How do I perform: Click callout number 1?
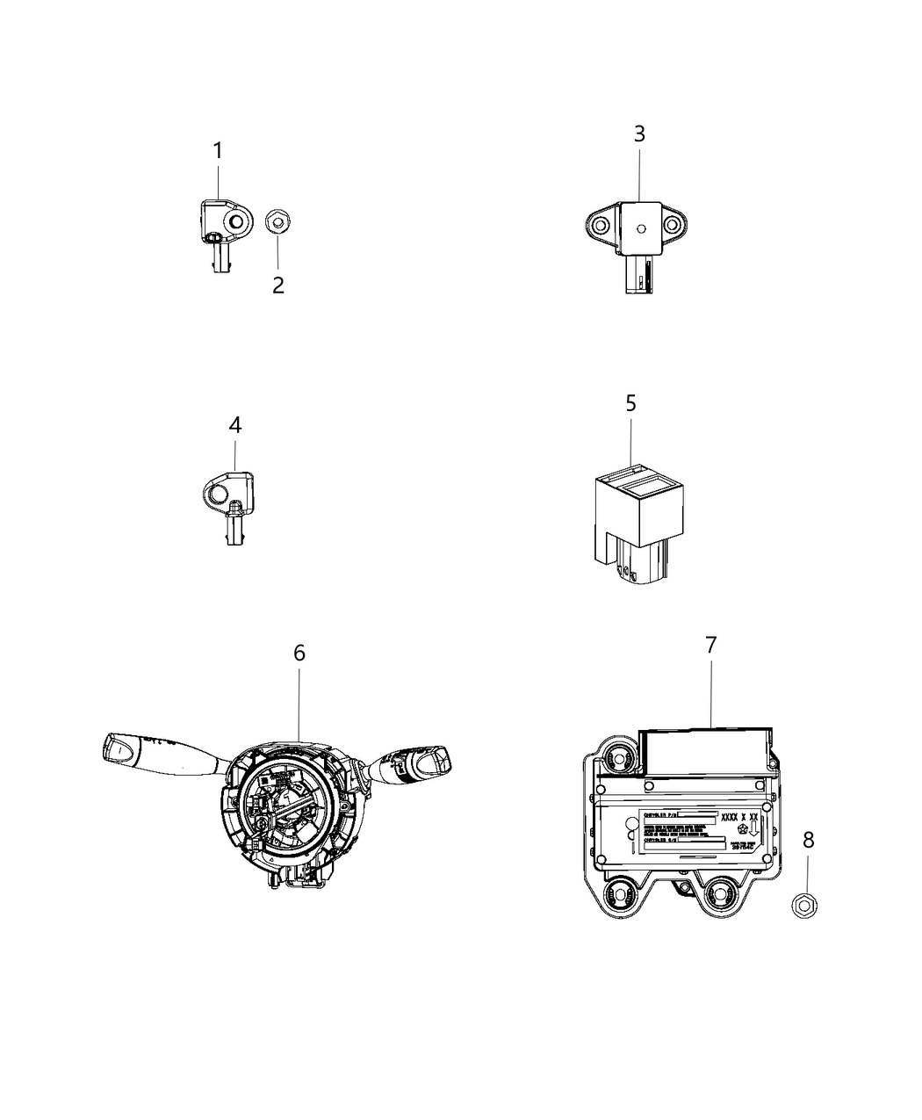point(218,151)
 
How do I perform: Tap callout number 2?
point(277,285)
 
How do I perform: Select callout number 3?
point(639,134)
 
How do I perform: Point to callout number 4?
point(234,425)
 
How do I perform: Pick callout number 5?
point(630,403)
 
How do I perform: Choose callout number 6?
point(299,653)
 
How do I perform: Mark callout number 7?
point(710,644)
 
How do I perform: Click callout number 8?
point(808,840)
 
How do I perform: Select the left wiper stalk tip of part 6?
point(119,748)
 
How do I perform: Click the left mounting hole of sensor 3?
point(601,226)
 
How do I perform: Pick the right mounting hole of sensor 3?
point(675,226)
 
